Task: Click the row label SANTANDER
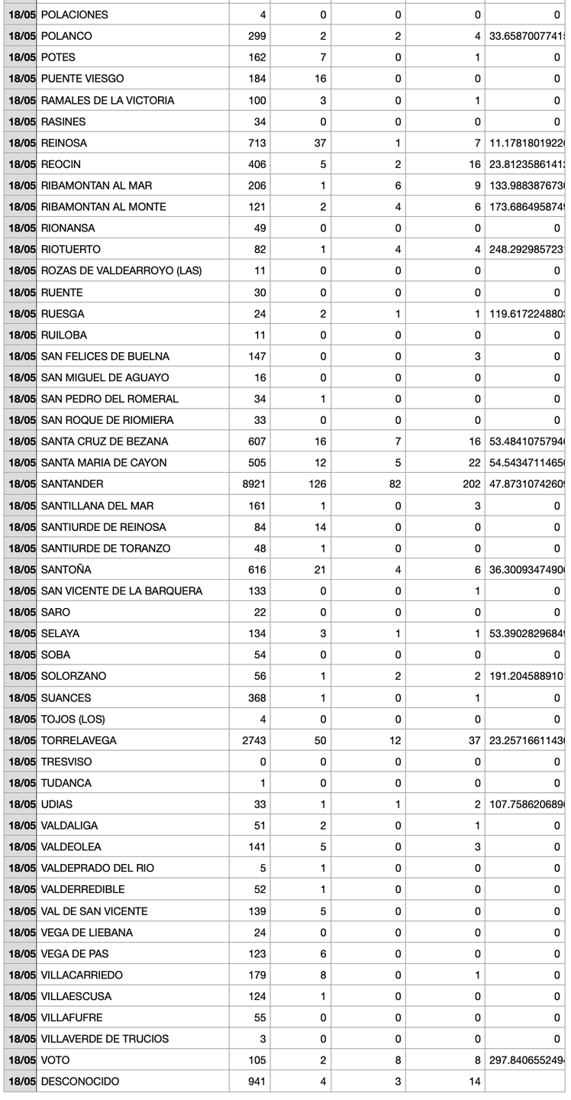pos(72,484)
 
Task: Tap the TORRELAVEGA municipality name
pos(78,740)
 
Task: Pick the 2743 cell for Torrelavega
pos(251,740)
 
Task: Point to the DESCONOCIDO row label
pos(79,1081)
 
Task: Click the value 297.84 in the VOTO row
pos(527,1060)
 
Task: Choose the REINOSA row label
pos(63,143)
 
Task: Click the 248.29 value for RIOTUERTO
pos(527,249)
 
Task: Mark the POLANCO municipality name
pos(66,36)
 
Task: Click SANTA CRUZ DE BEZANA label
pos(104,441)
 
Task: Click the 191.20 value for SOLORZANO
pos(527,676)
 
